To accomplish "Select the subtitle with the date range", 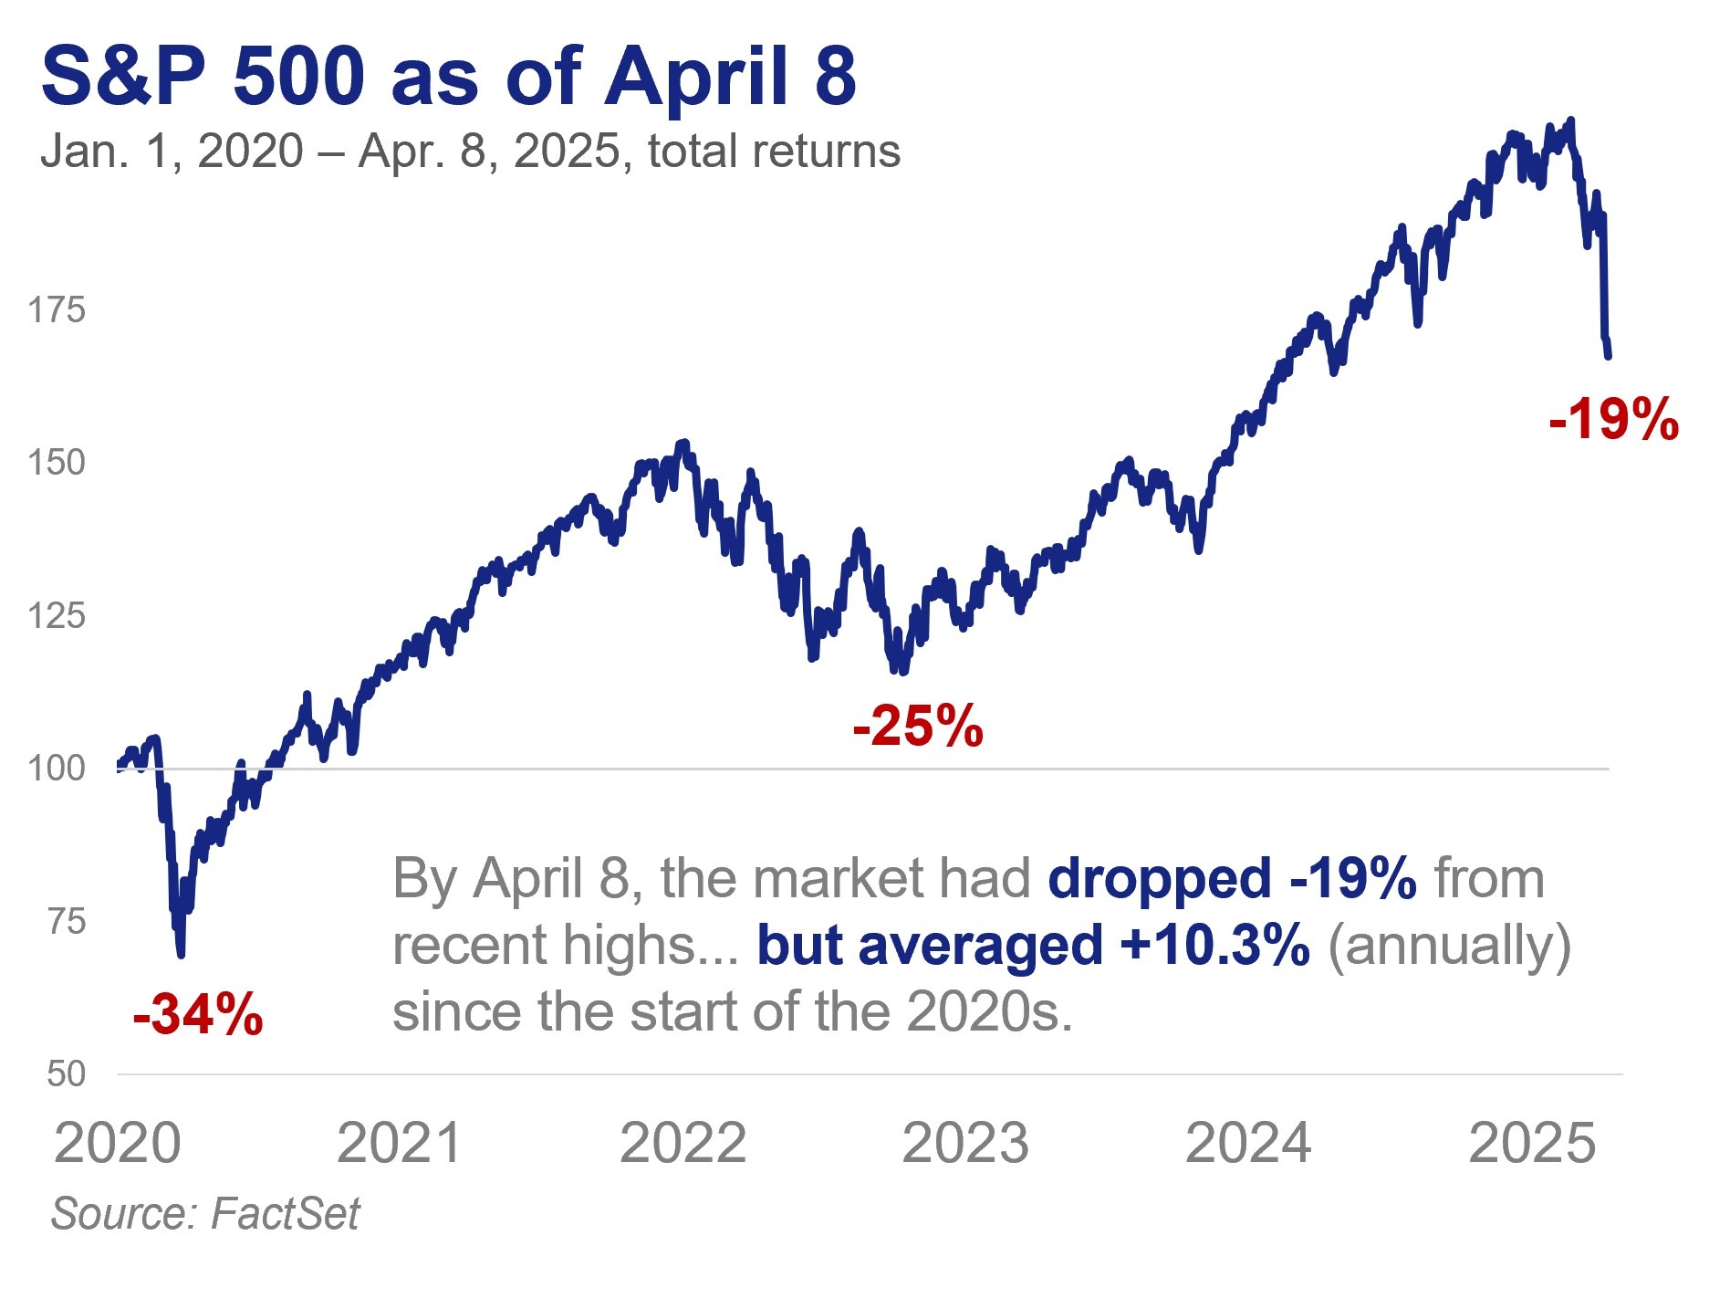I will [470, 152].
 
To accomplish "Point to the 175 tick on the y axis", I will [57, 310].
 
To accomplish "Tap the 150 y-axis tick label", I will [57, 463].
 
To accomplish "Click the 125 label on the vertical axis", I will [57, 616].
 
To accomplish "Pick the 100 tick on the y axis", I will [57, 769].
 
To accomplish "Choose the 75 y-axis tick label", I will [66, 922].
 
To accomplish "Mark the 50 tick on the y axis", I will [66, 1074].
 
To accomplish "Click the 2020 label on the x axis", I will [118, 1143].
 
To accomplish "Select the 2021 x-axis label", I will [401, 1143].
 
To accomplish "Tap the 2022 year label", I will [683, 1143].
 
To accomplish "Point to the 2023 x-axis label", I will [965, 1143].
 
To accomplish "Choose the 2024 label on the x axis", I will [1248, 1143].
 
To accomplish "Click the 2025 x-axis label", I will [1532, 1143].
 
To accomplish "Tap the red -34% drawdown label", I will [198, 1014].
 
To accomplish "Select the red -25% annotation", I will [918, 727].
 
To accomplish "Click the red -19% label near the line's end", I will [1613, 420].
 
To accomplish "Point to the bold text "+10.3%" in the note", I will [1215, 945].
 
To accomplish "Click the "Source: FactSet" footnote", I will [205, 1214].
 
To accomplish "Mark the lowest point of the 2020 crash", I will [181, 954].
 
